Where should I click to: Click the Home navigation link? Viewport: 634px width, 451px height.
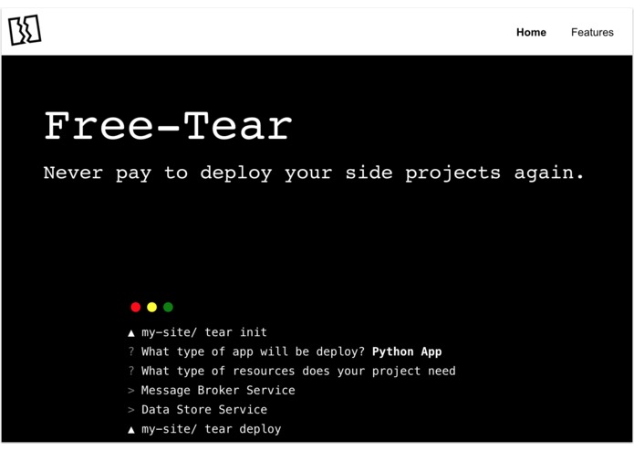(x=531, y=32)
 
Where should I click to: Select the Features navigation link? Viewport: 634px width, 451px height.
(x=592, y=32)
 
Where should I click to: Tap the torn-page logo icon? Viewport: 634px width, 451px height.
(x=25, y=30)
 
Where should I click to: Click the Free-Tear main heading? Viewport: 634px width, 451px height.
(x=168, y=126)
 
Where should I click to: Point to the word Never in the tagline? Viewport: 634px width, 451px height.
(x=73, y=173)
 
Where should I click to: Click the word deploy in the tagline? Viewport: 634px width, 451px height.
(x=235, y=173)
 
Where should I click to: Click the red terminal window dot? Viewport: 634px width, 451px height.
(x=136, y=308)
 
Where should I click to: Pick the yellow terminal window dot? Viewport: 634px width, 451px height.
(x=152, y=308)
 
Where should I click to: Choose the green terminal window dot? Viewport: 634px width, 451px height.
(x=168, y=308)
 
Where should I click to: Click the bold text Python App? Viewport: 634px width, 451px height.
(x=407, y=351)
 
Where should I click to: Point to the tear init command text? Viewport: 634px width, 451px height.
(x=235, y=332)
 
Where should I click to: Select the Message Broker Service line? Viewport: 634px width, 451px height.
(x=218, y=390)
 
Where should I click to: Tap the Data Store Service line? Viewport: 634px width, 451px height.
(x=204, y=410)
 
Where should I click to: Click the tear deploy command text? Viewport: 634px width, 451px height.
(x=243, y=429)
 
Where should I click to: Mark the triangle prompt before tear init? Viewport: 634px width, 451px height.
(x=131, y=333)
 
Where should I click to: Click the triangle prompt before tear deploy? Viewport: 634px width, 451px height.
(x=131, y=429)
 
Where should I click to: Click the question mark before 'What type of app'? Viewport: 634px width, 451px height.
(x=131, y=351)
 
